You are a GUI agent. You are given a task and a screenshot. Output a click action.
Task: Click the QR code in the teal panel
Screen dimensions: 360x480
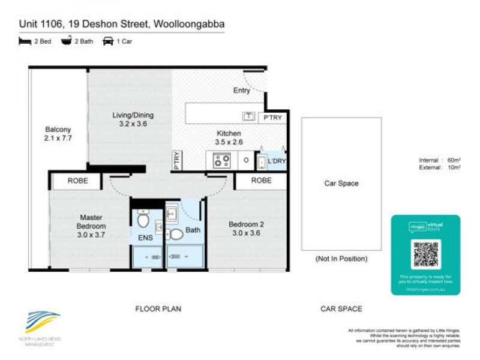[x=426, y=254]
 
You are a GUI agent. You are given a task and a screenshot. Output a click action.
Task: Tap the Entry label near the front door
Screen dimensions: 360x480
[x=241, y=91]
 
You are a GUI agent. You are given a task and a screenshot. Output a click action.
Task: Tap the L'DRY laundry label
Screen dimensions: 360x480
[x=277, y=161]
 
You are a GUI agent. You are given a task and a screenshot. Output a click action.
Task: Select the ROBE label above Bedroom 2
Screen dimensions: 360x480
[x=261, y=180]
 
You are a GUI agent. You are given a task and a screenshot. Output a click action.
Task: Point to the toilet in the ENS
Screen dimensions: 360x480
[x=143, y=220]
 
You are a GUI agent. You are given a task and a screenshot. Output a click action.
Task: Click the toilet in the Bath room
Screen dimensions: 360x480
[x=175, y=235]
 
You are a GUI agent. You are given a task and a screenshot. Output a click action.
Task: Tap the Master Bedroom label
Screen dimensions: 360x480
[x=91, y=221]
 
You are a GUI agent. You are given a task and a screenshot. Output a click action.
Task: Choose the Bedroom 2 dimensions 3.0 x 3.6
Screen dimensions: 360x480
[x=245, y=234]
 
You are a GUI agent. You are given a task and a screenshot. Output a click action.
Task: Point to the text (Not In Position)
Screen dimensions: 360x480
[x=341, y=259]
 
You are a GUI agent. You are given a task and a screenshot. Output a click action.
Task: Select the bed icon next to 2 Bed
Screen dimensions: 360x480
[x=25, y=41]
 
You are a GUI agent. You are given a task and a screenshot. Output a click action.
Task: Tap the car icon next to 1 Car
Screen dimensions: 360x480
[x=109, y=41]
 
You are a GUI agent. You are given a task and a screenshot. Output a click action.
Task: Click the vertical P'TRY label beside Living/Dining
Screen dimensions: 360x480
[x=177, y=160]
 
